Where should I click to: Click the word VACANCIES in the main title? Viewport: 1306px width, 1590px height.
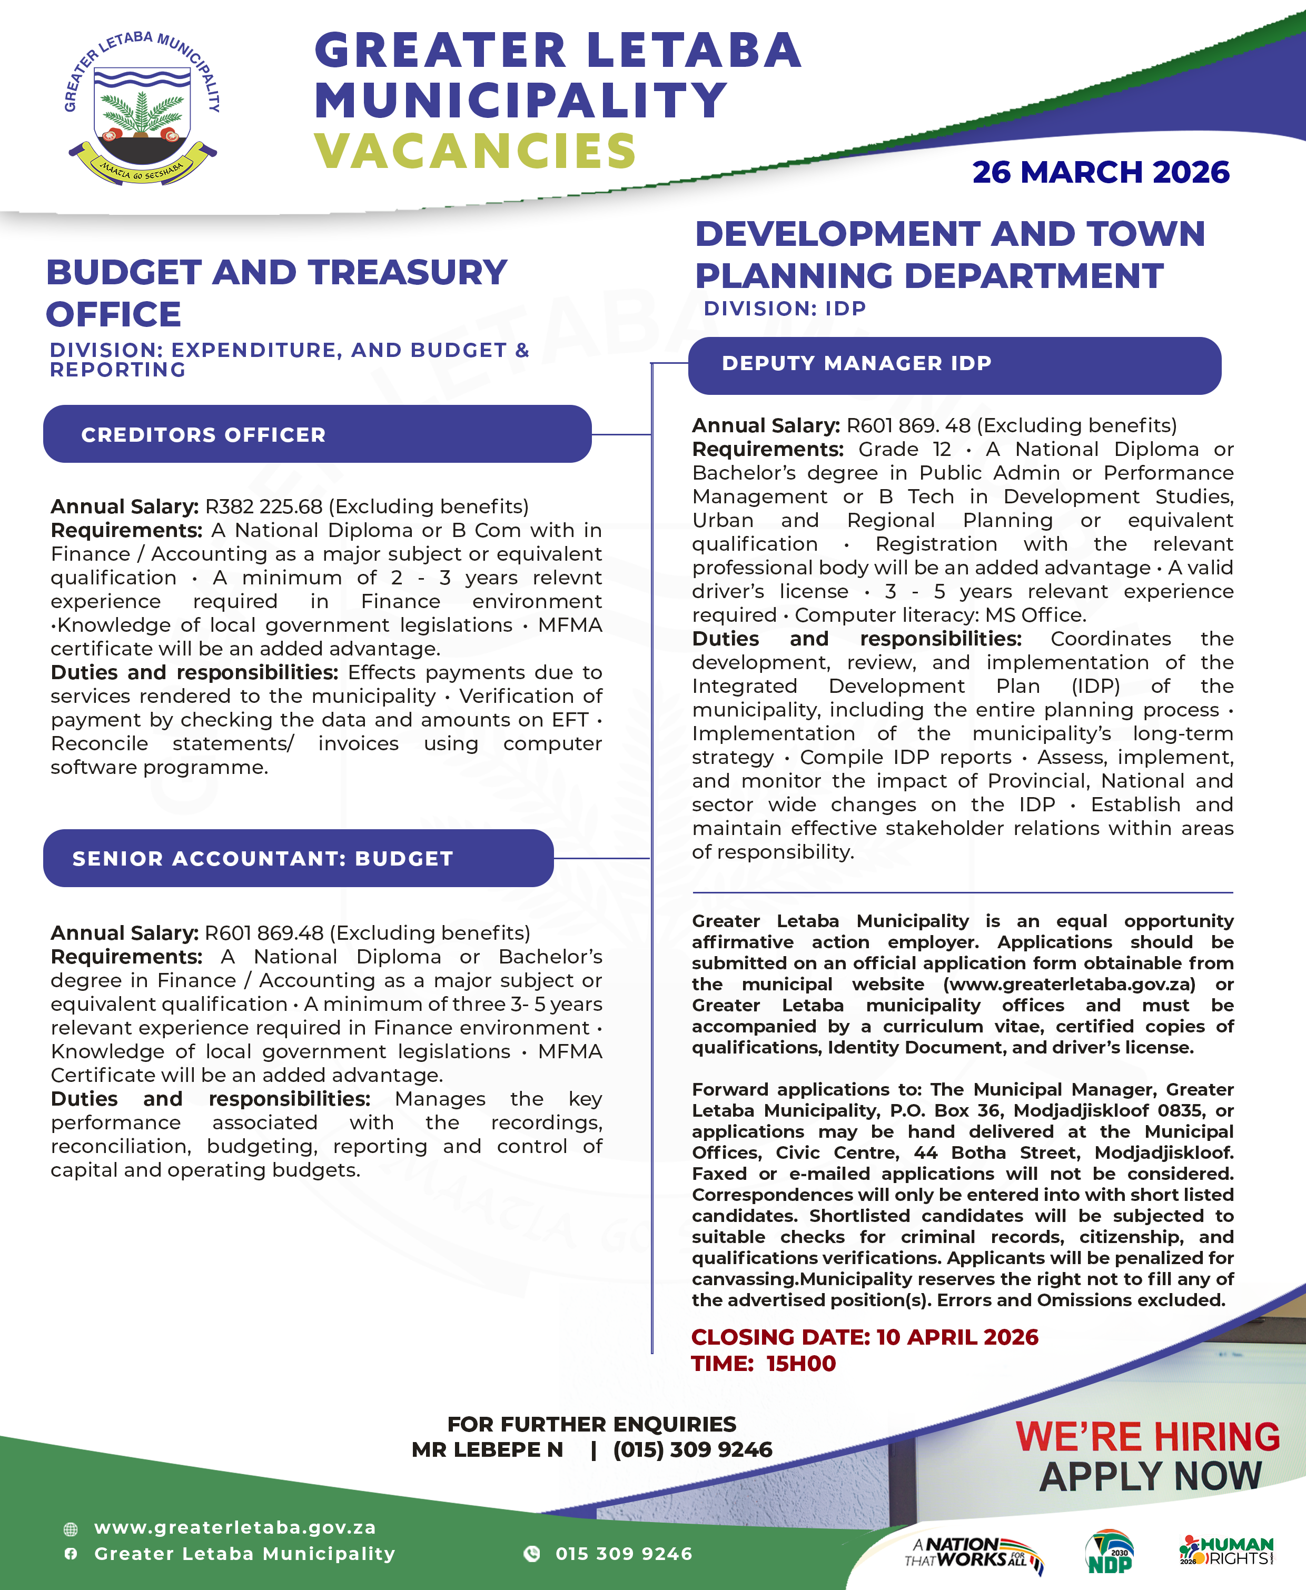point(476,151)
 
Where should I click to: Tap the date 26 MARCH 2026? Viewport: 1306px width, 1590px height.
point(1100,172)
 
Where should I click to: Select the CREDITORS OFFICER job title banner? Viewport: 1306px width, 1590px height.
point(316,434)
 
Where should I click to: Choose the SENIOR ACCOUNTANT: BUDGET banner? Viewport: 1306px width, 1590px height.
point(298,858)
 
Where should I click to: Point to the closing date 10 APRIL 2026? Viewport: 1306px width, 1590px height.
point(957,1337)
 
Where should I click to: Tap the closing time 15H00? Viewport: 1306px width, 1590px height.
point(800,1364)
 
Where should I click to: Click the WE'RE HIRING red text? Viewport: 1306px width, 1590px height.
point(1147,1436)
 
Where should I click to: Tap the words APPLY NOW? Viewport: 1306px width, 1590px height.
point(1150,1476)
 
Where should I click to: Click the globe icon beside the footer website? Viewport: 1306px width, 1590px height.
point(71,1528)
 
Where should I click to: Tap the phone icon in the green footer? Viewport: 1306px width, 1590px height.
point(532,1554)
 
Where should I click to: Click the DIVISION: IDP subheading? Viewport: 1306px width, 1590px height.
point(785,309)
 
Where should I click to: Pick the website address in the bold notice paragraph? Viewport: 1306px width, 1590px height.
point(1069,984)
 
